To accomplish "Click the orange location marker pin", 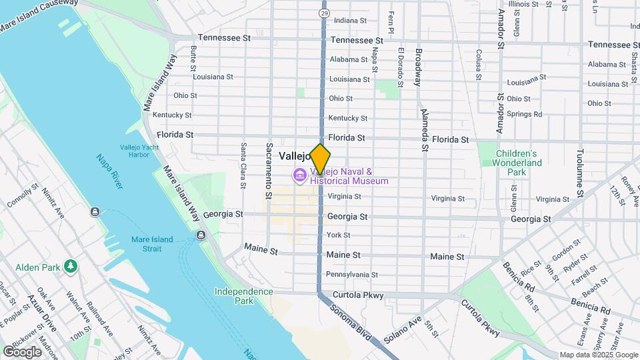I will point(321,159).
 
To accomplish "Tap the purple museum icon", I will point(299,176).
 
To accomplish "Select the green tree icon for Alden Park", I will point(70,267).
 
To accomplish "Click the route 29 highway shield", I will point(323,13).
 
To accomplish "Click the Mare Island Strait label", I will point(152,244).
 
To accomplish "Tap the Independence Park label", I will point(243,296).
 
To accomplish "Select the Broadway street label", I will point(419,67).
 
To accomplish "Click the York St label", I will point(338,235).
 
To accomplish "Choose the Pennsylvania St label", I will point(352,275).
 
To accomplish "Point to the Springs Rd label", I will point(523,114).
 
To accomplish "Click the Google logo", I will point(22,351).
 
